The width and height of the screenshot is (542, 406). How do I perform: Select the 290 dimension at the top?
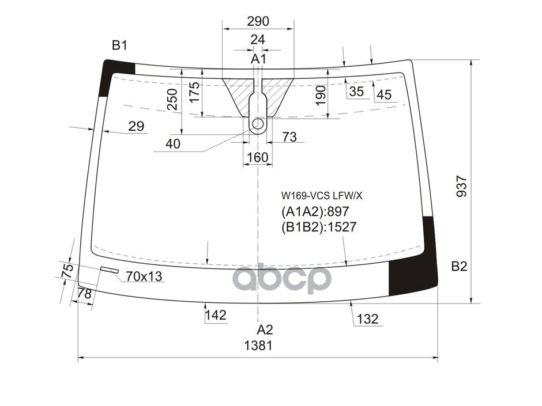point(258,21)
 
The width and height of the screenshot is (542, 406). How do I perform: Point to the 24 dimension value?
point(258,40)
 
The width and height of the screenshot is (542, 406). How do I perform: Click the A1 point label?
point(258,59)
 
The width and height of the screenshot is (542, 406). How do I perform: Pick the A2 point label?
point(264,330)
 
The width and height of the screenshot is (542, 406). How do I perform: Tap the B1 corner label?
point(119,46)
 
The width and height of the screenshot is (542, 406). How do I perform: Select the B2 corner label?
point(459,266)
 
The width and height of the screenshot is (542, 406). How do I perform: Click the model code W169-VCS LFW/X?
point(321,195)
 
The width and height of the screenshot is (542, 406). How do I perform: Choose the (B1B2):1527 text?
point(318,227)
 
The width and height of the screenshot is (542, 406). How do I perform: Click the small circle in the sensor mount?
point(258,124)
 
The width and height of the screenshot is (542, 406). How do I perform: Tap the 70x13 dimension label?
point(144,277)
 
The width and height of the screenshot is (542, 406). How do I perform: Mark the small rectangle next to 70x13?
point(110,270)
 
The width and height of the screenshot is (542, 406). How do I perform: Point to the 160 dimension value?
point(258,157)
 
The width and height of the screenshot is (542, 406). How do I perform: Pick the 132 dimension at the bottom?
point(367,318)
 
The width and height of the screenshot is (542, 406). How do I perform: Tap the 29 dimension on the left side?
point(136,126)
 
